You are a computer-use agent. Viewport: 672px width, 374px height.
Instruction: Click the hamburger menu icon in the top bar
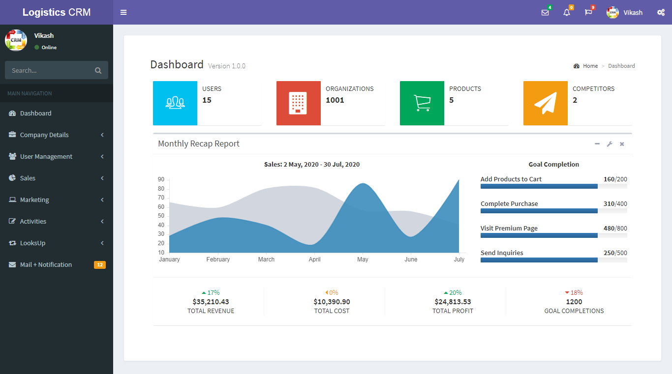[x=123, y=12]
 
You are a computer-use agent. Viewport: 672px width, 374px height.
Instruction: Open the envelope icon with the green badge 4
[x=545, y=13]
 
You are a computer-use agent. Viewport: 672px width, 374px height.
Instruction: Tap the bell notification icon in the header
[x=567, y=13]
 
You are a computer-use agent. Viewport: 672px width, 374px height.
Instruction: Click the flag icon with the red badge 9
[x=588, y=13]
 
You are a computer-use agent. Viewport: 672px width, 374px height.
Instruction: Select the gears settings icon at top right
[x=661, y=13]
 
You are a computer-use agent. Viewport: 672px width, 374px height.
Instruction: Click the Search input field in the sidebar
[x=49, y=70]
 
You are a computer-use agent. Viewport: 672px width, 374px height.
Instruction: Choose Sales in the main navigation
[x=28, y=178]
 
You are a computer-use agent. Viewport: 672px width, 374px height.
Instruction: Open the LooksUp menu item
[x=32, y=243]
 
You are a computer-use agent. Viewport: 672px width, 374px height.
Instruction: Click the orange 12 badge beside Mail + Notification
[x=100, y=265]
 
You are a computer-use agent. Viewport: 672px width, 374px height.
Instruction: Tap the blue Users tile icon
[x=175, y=103]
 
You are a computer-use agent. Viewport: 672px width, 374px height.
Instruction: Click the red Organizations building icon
[x=298, y=103]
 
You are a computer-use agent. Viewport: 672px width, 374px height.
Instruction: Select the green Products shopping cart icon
[x=422, y=103]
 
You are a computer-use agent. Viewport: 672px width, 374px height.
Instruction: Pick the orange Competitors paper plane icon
[x=545, y=103]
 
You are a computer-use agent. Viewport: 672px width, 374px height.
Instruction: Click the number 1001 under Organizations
[x=335, y=100]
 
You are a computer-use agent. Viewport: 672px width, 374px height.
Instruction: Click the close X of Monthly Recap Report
[x=622, y=144]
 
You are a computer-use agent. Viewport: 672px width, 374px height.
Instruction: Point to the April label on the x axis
[x=314, y=259]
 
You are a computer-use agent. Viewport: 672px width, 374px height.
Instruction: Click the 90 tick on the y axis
[x=161, y=180]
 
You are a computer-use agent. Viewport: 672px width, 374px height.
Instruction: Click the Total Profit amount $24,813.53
[x=453, y=302]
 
